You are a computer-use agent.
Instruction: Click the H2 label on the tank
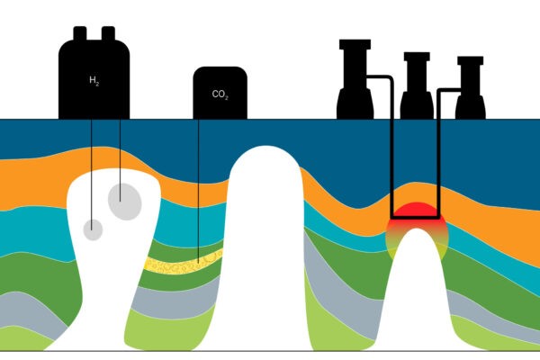click(x=94, y=81)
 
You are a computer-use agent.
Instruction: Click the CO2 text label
click(x=220, y=94)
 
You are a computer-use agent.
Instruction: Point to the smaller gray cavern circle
click(x=93, y=229)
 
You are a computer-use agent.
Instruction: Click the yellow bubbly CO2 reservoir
click(x=184, y=263)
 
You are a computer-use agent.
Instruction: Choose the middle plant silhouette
click(x=417, y=90)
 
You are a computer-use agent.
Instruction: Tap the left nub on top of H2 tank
click(x=78, y=33)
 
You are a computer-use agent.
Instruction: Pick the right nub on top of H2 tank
click(x=109, y=33)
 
